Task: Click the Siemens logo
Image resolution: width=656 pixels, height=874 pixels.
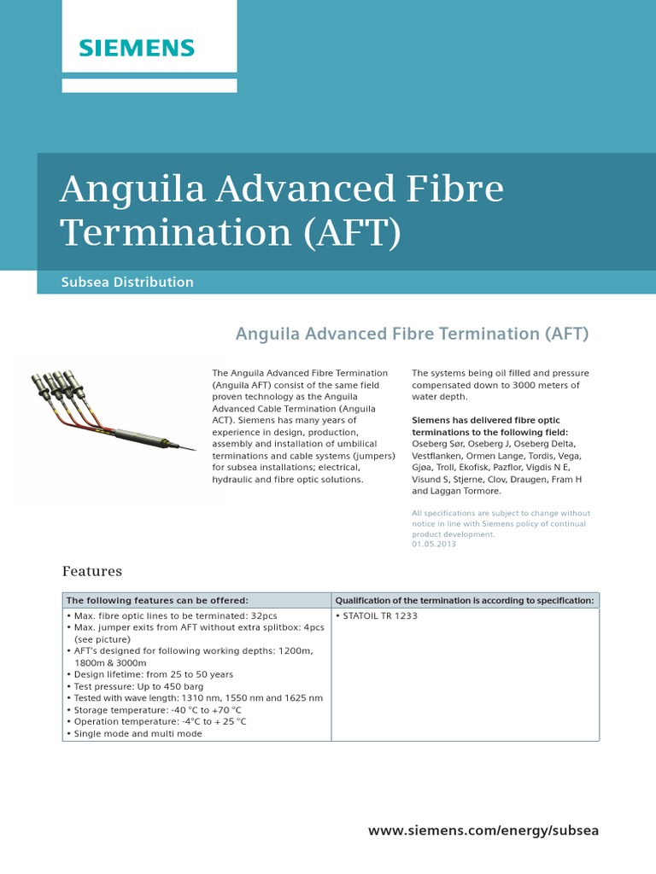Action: (137, 47)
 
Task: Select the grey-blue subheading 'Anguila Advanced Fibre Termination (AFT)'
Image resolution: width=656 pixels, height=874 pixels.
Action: (412, 334)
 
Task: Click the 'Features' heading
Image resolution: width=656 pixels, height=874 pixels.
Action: (92, 571)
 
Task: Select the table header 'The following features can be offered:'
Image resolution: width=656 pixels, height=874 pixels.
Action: (157, 600)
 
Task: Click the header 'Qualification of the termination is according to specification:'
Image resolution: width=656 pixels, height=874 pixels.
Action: (464, 600)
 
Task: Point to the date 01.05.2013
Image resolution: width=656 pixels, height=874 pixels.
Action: (434, 545)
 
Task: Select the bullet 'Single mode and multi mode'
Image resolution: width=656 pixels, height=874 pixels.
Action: (138, 733)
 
